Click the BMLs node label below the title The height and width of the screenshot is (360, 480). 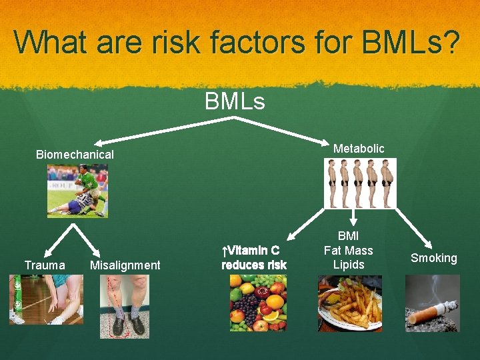click(x=235, y=101)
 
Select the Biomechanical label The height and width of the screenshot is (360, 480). click(x=75, y=154)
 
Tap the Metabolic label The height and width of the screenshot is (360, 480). click(x=359, y=149)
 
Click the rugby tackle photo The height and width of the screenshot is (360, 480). click(x=77, y=191)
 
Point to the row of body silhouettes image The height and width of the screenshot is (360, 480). click(x=359, y=183)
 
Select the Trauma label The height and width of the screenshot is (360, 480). click(x=45, y=265)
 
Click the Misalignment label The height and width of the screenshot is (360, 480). click(x=125, y=265)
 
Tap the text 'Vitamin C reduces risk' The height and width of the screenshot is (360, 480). click(x=254, y=258)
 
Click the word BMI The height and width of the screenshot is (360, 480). click(x=348, y=236)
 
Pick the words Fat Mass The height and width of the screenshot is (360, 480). click(x=348, y=251)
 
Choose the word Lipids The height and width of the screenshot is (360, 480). click(x=348, y=265)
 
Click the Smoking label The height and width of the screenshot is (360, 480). click(x=434, y=258)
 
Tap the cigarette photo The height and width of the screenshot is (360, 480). click(x=433, y=303)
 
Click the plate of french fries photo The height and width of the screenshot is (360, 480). click(x=349, y=303)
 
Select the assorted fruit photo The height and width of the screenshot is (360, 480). click(x=258, y=303)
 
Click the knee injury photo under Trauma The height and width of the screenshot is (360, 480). click(x=46, y=300)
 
